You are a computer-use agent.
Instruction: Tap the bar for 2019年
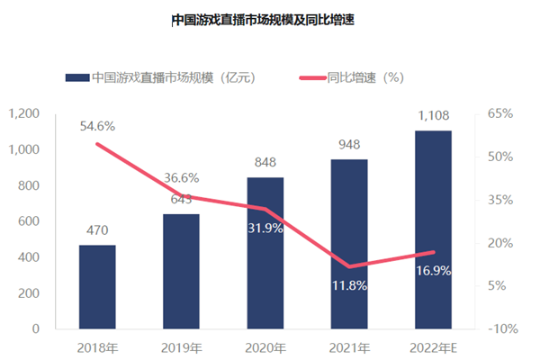click(181, 271)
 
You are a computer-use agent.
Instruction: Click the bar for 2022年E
click(433, 229)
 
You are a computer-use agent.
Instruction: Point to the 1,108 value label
click(433, 116)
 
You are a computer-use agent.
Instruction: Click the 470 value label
click(97, 230)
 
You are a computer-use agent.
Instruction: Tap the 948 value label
click(349, 145)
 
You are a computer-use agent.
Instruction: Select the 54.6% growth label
click(97, 126)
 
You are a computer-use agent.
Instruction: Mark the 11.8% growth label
click(349, 286)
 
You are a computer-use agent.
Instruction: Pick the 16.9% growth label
click(433, 270)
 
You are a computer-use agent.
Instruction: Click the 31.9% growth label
click(265, 229)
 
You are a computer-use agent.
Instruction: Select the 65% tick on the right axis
click(500, 113)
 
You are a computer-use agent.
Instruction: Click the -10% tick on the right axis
click(500, 329)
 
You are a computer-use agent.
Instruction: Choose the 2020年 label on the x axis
click(265, 348)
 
